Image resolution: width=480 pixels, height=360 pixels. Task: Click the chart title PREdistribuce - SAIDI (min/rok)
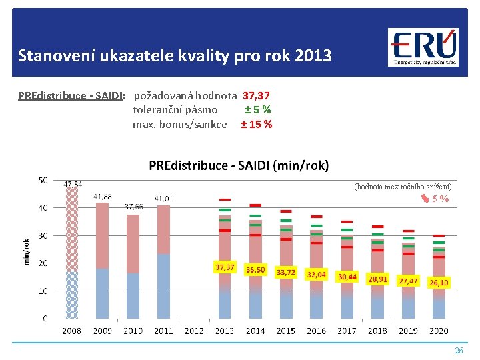[x=239, y=165]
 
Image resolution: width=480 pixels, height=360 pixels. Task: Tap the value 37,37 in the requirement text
[x=256, y=97]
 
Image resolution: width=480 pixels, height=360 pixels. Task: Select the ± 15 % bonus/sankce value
[x=256, y=124]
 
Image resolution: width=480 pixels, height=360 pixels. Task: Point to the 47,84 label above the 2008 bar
[x=73, y=184]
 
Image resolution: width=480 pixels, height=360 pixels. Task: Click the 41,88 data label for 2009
[x=103, y=197]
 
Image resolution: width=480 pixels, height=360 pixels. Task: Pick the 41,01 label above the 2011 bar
[x=163, y=199]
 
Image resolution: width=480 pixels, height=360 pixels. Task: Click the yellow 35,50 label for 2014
[x=255, y=270]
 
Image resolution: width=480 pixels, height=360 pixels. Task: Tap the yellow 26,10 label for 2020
[x=438, y=283]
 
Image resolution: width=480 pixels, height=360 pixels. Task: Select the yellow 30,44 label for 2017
[x=347, y=276]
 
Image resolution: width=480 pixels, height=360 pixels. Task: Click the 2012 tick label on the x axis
[x=194, y=331]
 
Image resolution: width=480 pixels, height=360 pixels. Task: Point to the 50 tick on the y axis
[x=43, y=180]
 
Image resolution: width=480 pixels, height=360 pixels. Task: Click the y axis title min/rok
[x=27, y=251]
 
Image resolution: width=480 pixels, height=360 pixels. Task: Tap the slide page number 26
[x=458, y=350]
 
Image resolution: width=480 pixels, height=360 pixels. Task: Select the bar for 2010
[x=133, y=267]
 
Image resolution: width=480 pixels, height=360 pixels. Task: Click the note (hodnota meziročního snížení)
[x=403, y=187]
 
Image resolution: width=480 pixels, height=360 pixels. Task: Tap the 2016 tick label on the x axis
[x=316, y=331]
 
